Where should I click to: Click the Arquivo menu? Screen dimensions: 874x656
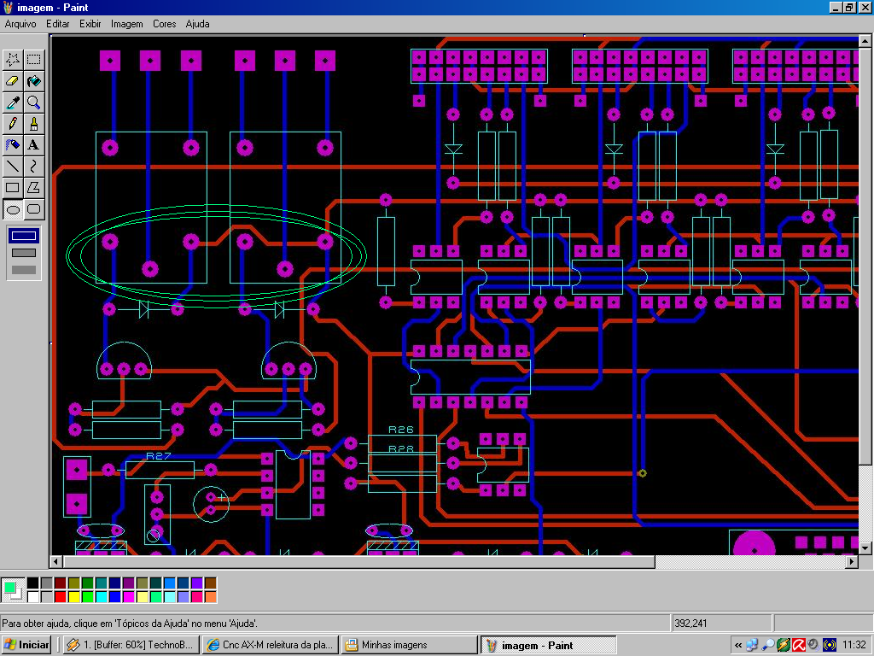coord(20,24)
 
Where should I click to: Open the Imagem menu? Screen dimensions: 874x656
coord(126,24)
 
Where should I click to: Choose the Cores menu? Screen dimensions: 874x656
coord(165,24)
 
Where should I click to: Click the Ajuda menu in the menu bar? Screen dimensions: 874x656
coord(197,24)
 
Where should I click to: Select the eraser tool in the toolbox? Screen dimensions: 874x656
coord(13,81)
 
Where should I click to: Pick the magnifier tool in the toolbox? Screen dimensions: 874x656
coord(34,102)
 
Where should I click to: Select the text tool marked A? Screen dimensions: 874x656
coord(34,145)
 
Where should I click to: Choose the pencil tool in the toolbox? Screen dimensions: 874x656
coord(13,124)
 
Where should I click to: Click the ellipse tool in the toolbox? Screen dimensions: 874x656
coord(13,210)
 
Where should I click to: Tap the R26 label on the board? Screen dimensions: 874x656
coord(401,430)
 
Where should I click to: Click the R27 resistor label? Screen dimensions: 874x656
coord(158,456)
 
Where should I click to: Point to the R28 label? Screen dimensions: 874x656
coord(401,449)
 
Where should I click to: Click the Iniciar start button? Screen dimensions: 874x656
coord(26,645)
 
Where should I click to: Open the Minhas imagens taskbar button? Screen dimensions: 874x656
coord(410,645)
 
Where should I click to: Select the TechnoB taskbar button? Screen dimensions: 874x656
coord(131,645)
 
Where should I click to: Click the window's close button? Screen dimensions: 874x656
coord(865,7)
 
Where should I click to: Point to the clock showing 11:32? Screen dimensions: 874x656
coord(854,645)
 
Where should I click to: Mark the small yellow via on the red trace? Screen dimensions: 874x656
coord(642,473)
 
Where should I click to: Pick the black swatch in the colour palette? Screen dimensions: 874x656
coord(33,583)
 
